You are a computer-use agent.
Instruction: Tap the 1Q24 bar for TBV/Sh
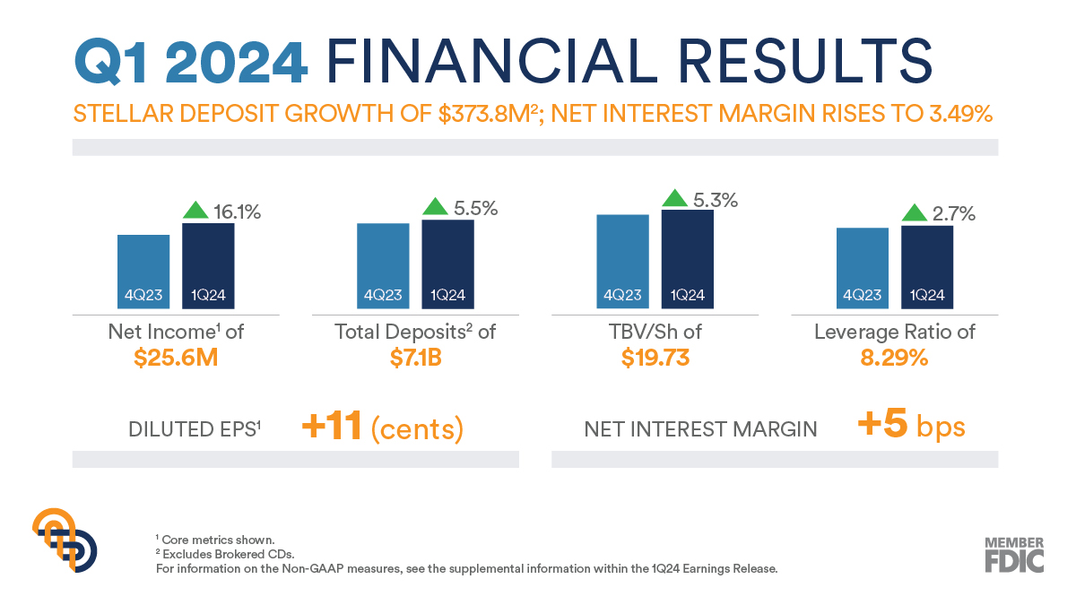688,260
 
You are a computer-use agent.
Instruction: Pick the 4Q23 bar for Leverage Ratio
863,268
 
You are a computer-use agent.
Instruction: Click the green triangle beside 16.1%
195,210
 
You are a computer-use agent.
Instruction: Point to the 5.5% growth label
474,208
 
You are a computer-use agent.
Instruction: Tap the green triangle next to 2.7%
915,213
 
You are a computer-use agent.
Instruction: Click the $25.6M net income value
176,358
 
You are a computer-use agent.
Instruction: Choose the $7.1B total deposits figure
415,358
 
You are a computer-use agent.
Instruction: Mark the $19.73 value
655,358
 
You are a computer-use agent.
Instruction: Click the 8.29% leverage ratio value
894,358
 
